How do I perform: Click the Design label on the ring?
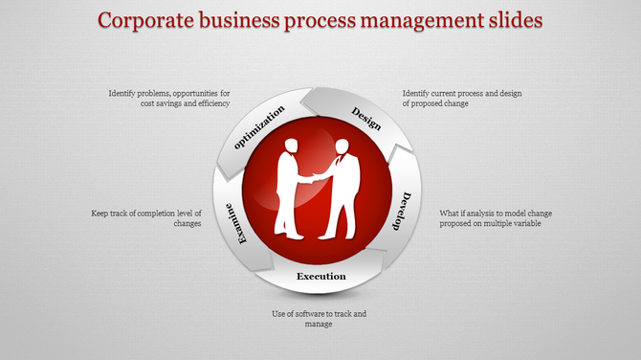tap(367, 120)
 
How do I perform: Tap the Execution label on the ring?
tap(320, 277)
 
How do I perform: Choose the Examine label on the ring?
tap(236, 222)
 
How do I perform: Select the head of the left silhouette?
tap(291, 146)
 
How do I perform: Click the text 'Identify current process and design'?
tap(462, 93)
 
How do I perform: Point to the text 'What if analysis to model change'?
tap(496, 213)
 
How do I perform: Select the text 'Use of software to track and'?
tap(319, 313)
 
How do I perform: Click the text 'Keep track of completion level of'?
tap(147, 213)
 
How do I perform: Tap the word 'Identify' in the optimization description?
tap(123, 93)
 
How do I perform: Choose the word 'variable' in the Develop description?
tap(524, 223)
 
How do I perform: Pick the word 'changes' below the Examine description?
tap(187, 223)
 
